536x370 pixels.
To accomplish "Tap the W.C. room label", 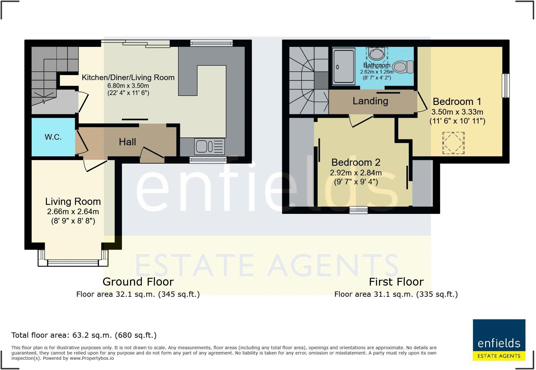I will tap(53, 137).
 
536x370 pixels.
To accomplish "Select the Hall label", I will tap(127, 142).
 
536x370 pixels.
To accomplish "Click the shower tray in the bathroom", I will tap(344, 66).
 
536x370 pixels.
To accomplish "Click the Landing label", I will tap(370, 101).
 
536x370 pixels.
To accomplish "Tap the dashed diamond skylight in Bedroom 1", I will tap(453, 143).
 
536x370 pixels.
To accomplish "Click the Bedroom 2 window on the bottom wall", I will tap(358, 210).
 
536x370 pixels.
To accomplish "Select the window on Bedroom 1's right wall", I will tap(506, 86).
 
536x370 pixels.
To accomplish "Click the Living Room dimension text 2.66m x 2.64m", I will tap(73, 212).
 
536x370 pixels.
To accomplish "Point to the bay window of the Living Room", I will tap(73, 262).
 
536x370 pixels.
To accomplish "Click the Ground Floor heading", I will tap(138, 282).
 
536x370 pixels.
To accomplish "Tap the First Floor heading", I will tap(396, 282).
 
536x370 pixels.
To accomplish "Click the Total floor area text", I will tap(84, 335).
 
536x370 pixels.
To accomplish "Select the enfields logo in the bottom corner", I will tap(499, 340).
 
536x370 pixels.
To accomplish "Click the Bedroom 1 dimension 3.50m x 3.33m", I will tap(457, 112).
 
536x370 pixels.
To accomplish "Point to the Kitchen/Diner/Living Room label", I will tap(128, 78).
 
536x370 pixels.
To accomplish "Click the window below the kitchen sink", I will tap(208, 160).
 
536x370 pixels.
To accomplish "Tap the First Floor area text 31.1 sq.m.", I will tap(396, 294).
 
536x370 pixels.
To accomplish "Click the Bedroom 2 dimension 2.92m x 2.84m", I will tap(356, 173).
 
